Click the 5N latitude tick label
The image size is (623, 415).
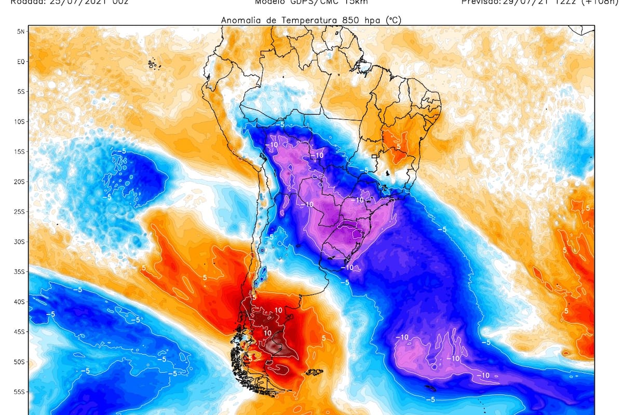[21, 32]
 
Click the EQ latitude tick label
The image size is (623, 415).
[21, 62]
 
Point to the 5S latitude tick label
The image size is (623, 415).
[21, 92]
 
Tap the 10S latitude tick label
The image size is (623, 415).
[20, 122]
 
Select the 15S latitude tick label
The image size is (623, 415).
[20, 152]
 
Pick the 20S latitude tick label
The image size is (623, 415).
[20, 182]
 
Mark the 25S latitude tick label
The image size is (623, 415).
[20, 212]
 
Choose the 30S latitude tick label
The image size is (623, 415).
[20, 242]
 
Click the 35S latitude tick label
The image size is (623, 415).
[20, 272]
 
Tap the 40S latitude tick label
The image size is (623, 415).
[20, 302]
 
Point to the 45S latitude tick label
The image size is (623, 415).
[20, 331]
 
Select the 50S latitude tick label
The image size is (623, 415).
[20, 362]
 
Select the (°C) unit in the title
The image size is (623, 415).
[392, 21]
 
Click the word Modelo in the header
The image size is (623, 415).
[269, 2]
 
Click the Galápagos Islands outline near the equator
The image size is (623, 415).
[152, 64]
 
